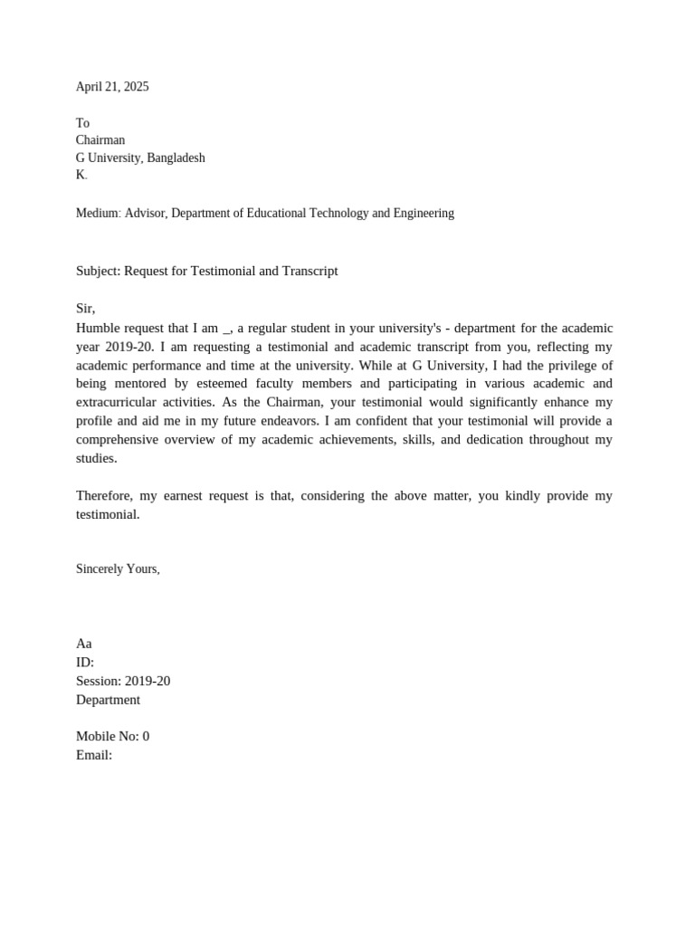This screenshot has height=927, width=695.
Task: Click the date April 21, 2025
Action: tap(112, 87)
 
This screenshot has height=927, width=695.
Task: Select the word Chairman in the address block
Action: tap(100, 140)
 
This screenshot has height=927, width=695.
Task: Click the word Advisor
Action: tap(145, 214)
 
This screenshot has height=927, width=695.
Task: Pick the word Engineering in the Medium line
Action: tap(420, 214)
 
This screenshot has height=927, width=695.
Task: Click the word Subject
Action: tap(98, 271)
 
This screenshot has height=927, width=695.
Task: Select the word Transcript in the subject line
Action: tap(309, 271)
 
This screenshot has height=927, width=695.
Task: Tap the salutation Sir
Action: tap(84, 309)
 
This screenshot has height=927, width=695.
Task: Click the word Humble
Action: tap(97, 328)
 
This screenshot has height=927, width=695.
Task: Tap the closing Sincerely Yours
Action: tap(118, 569)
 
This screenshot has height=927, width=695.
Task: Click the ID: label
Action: tap(85, 663)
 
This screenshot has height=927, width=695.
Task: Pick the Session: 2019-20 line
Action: tap(123, 681)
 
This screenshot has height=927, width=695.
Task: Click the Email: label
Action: tap(94, 755)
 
